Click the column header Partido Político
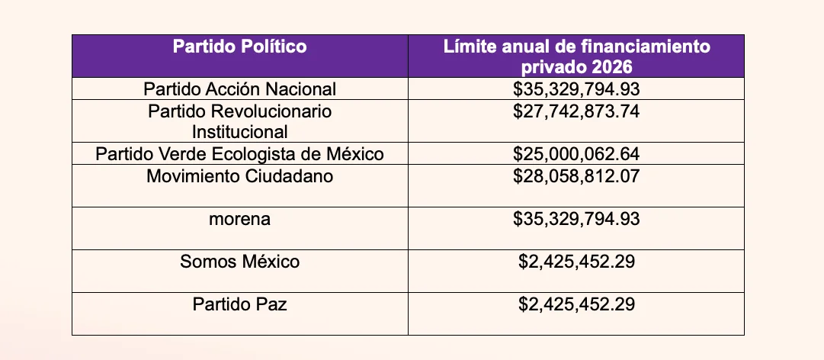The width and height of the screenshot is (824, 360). click(239, 47)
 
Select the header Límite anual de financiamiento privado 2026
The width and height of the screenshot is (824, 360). click(576, 56)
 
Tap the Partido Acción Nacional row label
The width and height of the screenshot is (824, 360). click(239, 89)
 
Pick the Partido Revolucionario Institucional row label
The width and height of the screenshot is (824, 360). click(239, 121)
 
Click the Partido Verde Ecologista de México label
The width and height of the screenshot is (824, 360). click(239, 154)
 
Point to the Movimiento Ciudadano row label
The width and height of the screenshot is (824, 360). click(239, 175)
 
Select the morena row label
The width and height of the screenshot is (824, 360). click(239, 219)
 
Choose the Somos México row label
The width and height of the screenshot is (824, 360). click(239, 261)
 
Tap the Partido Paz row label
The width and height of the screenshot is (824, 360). click(239, 304)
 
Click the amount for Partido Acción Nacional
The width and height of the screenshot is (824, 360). click(576, 89)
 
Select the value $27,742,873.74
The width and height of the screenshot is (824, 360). click(576, 111)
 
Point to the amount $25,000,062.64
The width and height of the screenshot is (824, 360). click(576, 154)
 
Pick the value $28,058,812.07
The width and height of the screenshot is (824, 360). click(576, 175)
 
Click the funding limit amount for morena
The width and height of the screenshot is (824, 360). click(576, 219)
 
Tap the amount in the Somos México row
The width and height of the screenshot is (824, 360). click(576, 261)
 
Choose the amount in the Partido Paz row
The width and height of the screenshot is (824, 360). click(576, 304)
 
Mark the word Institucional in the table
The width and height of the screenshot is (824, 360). click(239, 131)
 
